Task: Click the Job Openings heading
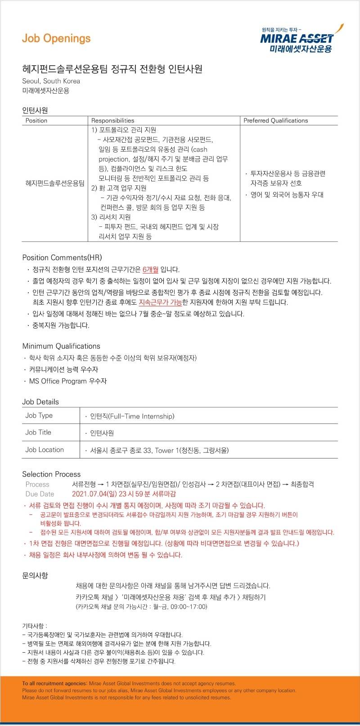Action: [56, 39]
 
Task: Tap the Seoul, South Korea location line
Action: [51, 81]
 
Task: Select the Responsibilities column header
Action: [112, 121]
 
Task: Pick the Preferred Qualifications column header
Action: [275, 121]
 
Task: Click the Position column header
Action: [36, 121]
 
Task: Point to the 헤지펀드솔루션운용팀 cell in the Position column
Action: [55, 183]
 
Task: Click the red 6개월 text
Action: [150, 270]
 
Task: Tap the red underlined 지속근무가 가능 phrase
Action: [160, 302]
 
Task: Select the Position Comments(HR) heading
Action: [62, 257]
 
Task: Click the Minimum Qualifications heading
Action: [61, 346]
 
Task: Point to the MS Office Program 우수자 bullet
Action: [67, 381]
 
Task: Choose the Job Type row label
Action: [39, 415]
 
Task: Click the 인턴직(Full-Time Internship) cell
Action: [132, 416]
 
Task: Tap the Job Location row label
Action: [45, 450]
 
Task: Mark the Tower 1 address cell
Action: [159, 451]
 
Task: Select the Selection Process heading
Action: [51, 474]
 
